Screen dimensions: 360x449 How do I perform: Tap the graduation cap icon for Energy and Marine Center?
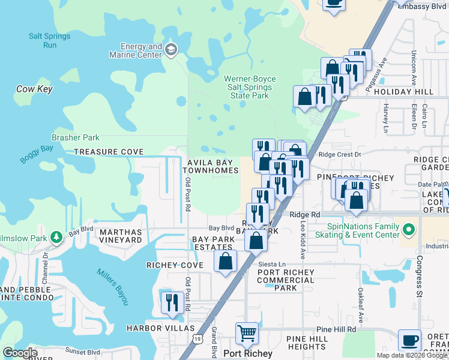click(172, 49)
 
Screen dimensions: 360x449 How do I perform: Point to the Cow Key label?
click(34, 89)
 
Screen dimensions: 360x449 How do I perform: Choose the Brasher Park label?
click(76, 138)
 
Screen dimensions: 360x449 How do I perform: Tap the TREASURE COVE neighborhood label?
click(109, 152)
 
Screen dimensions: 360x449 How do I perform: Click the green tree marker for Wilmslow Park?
click(56, 238)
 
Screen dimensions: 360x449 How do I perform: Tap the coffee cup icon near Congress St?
click(410, 340)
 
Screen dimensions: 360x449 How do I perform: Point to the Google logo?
click(20, 353)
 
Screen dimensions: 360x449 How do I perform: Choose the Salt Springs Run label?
click(50, 40)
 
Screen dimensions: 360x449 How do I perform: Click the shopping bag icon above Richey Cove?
click(226, 261)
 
